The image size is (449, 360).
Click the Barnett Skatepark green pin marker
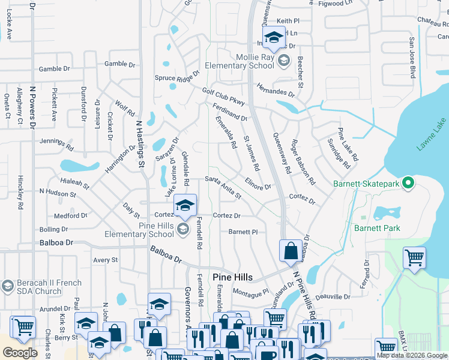click(x=408, y=182)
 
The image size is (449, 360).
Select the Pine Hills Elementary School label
click(x=139, y=230)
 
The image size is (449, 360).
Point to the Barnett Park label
click(x=376, y=228)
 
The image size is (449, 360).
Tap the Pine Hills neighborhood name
click(x=232, y=277)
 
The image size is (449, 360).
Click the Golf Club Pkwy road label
click(x=224, y=96)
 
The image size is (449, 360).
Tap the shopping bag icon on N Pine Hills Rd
click(x=291, y=252)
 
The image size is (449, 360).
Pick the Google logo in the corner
click(x=20, y=353)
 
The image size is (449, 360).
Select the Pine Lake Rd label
click(x=348, y=145)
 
